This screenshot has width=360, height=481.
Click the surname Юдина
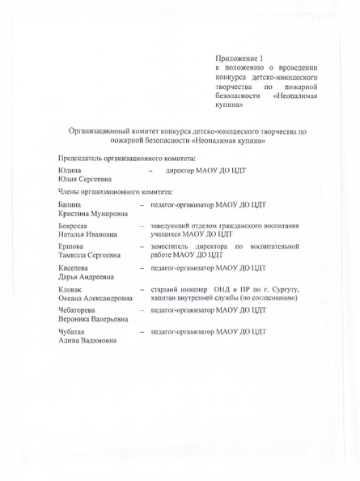point(70,172)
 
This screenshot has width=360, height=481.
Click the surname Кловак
point(71,289)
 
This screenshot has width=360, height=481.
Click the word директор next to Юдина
point(183,172)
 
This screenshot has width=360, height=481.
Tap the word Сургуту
point(282,289)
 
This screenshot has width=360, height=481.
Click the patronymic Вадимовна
point(95,342)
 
